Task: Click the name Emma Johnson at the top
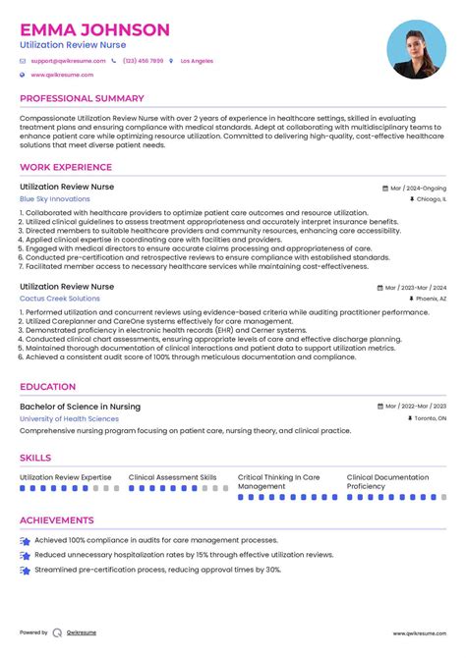coord(94,29)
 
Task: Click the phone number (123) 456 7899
coord(143,61)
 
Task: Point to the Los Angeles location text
coord(197,61)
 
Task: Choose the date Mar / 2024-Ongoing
coord(417,187)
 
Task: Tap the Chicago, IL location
coord(430,198)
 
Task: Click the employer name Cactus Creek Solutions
coord(59,299)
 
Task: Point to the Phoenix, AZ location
coord(430,299)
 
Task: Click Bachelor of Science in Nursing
coord(80,407)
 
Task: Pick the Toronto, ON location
coord(429,418)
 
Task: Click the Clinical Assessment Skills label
coord(172,477)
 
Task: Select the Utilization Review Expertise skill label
coord(65,477)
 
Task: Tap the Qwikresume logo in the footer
coord(58,633)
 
